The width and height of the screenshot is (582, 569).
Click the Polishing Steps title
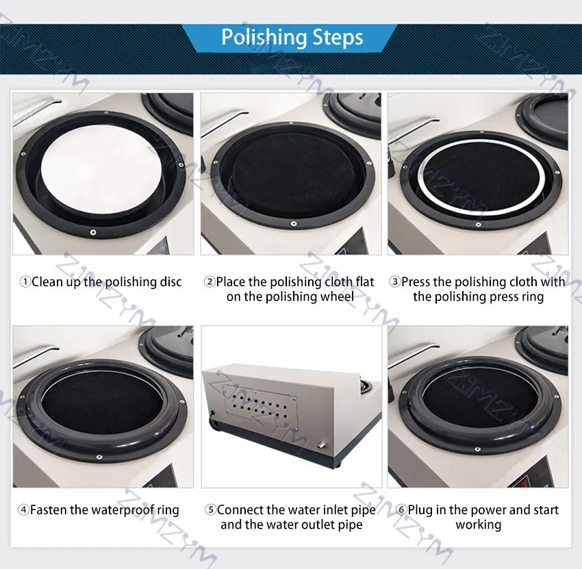292,38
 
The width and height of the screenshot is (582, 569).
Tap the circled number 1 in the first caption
25,282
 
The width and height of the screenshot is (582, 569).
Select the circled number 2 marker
210,282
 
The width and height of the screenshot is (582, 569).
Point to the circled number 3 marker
394,282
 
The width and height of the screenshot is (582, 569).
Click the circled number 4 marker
23,510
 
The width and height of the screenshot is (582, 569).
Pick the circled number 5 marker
210,510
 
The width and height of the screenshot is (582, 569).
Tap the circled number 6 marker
401,510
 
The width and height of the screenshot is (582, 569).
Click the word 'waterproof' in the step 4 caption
123,510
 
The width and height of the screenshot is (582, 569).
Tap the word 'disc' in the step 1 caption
170,282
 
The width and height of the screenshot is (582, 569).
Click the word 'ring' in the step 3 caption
532,298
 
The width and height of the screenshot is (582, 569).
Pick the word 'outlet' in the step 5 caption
318,524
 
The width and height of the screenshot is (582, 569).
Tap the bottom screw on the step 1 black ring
93,232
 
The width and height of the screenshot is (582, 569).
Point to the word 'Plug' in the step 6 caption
420,510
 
